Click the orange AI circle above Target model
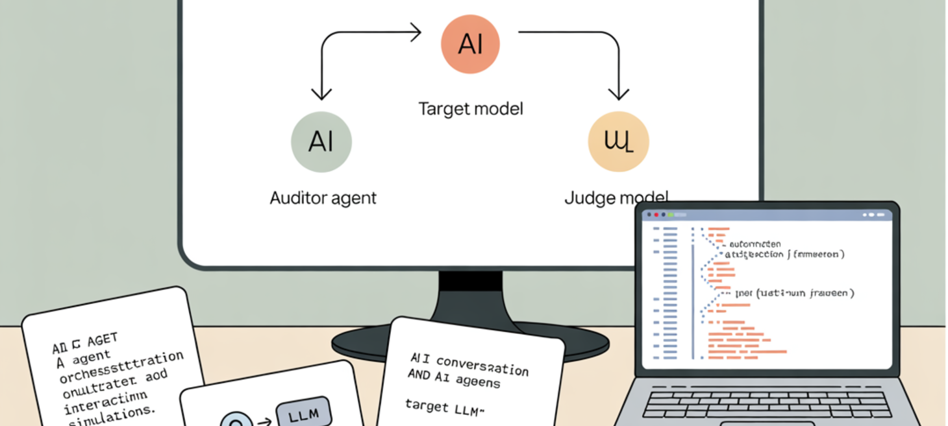(x=470, y=44)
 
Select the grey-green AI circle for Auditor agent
(x=321, y=142)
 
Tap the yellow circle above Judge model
(x=617, y=142)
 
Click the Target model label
(x=470, y=108)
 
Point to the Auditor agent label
(x=323, y=198)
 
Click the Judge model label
(x=616, y=198)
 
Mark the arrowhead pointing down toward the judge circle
(x=618, y=95)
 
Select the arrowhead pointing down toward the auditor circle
(x=322, y=95)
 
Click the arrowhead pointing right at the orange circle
(x=416, y=32)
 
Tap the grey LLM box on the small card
(x=304, y=413)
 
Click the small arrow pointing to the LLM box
(x=264, y=422)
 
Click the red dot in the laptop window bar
(x=656, y=215)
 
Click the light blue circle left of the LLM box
(x=236, y=421)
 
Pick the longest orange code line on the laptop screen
(x=747, y=351)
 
